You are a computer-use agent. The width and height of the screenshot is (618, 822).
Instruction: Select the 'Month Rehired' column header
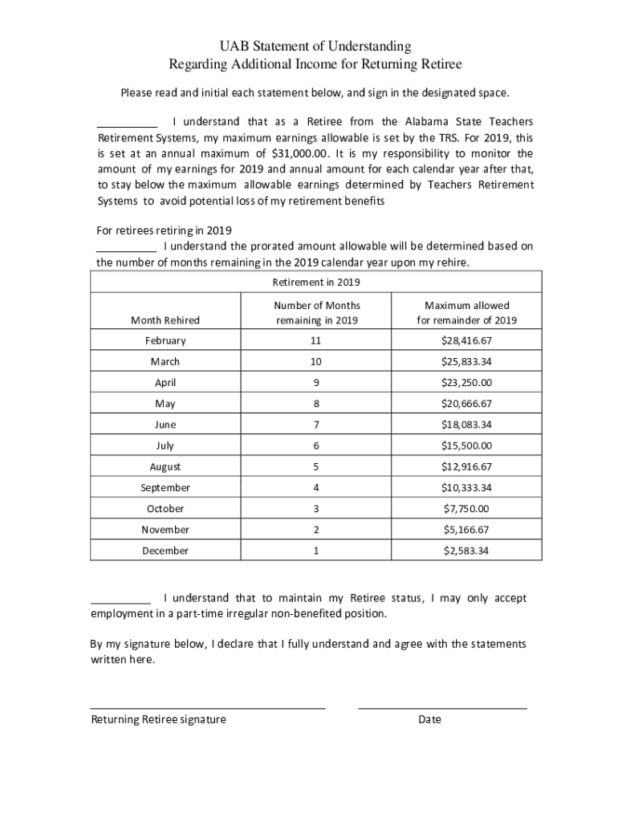[165, 319]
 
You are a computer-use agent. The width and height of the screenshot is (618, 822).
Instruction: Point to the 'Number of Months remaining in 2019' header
[316, 312]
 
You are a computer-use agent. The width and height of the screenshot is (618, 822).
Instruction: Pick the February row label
[165, 341]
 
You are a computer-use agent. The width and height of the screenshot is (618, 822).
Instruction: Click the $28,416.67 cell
[466, 341]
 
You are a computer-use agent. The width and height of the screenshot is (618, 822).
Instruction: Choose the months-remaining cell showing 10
[316, 362]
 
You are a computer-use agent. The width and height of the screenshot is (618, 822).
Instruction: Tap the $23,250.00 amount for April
[466, 383]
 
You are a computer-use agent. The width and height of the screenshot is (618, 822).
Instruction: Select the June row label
[165, 425]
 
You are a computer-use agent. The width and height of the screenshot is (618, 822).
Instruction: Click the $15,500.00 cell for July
[466, 446]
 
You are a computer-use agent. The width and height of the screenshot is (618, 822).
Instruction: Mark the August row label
[165, 466]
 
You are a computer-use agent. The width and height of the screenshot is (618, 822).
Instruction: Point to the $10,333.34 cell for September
[466, 487]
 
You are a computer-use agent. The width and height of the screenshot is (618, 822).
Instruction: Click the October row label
[165, 508]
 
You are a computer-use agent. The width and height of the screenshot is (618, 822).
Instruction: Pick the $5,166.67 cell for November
[466, 529]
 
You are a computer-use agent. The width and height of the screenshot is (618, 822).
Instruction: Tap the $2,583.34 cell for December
[466, 551]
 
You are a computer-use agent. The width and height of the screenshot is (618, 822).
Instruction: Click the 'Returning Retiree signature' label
[158, 719]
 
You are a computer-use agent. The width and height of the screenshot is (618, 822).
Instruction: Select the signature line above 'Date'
[442, 707]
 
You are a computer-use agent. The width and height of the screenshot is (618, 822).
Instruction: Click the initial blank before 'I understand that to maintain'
[120, 600]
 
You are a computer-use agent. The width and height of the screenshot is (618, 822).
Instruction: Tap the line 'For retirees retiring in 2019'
[164, 230]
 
